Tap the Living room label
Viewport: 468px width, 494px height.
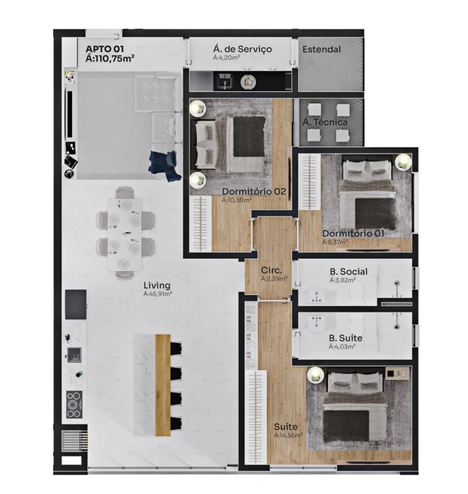(157, 285)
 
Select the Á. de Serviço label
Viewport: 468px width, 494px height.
(242, 49)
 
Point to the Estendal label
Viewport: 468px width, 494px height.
(321, 49)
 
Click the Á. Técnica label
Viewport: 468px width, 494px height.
(325, 122)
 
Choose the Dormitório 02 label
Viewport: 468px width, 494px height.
(254, 192)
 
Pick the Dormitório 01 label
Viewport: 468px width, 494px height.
(353, 233)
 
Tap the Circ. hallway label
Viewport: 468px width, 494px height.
(271, 271)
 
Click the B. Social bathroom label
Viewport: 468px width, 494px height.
(348, 272)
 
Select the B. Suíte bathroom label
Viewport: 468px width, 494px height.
(346, 338)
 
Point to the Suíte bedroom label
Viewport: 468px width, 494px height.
(286, 426)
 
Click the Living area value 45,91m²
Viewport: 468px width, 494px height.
(158, 294)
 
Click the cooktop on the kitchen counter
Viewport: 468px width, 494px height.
(74, 405)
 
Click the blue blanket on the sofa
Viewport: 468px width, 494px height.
(165, 164)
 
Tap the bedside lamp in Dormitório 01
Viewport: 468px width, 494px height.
(403, 161)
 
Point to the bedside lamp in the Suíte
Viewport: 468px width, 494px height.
(315, 375)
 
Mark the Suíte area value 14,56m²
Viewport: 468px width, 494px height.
(288, 435)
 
